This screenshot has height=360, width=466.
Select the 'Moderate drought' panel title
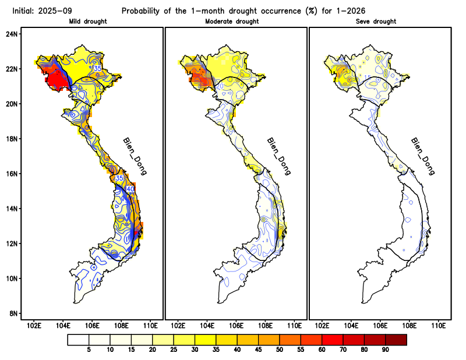(232, 22)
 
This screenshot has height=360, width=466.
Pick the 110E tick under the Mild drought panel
(150, 325)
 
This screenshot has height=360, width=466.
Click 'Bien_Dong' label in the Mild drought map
(135, 156)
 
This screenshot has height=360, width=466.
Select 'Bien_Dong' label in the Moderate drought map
(278, 156)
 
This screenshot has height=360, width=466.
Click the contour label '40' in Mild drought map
(130, 189)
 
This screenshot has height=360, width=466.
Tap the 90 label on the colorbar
(385, 350)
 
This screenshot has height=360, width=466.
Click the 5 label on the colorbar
(89, 350)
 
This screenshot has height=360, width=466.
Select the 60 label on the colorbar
(322, 350)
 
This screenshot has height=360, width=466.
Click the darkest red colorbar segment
(396, 339)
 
